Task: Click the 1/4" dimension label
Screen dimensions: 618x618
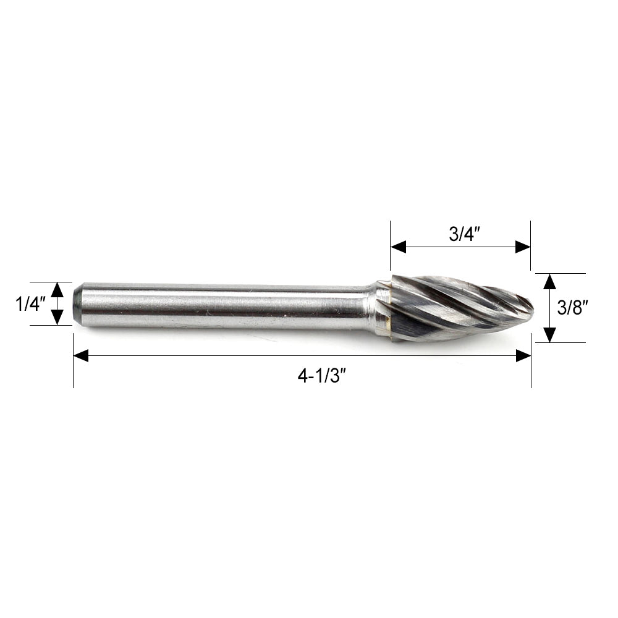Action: pos(31,303)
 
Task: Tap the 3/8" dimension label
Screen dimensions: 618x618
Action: pos(571,308)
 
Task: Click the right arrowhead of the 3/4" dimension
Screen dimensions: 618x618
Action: pos(523,247)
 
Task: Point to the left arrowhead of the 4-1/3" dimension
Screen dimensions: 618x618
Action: pos(81,355)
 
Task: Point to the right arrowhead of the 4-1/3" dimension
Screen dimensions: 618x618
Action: pos(523,355)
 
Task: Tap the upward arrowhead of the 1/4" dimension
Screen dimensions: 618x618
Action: pos(57,289)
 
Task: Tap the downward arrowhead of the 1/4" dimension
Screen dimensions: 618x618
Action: pos(57,318)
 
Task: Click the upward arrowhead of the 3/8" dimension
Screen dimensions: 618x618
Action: pos(549,281)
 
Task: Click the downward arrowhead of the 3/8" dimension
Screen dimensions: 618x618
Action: pos(549,335)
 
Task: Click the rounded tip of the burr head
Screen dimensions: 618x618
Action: pos(530,306)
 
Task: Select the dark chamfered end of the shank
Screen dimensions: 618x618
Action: pos(77,303)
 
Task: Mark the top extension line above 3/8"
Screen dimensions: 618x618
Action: pos(560,273)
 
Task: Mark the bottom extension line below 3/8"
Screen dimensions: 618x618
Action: pos(560,342)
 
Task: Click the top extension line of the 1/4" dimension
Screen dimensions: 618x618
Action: pos(49,282)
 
